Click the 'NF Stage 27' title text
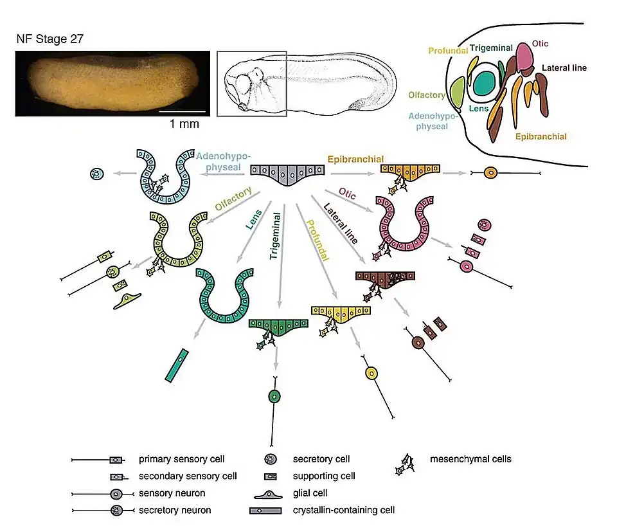(49, 39)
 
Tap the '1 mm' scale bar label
(184, 124)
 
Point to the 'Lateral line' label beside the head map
(564, 68)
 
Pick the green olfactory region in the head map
(458, 92)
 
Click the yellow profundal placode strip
(341, 313)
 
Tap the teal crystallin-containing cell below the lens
(176, 365)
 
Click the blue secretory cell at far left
(97, 174)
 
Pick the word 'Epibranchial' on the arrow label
(355, 159)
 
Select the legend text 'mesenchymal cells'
(470, 459)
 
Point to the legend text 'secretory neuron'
(175, 511)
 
